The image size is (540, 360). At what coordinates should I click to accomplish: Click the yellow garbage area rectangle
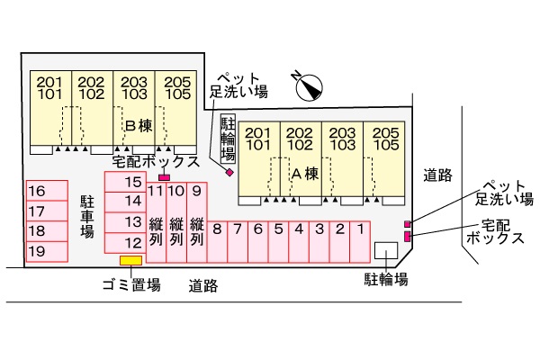[x=131, y=261]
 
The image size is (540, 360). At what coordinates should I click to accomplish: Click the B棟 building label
[x=139, y=125]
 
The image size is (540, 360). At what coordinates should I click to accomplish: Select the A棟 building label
[x=306, y=173]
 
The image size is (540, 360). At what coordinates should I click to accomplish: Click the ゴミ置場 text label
[x=131, y=284]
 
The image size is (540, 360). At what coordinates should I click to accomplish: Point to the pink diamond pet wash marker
[x=229, y=172]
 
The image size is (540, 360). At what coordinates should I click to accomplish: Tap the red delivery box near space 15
[x=164, y=177]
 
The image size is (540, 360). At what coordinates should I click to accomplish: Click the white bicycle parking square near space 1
[x=386, y=253]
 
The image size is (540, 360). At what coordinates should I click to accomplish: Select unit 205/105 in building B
[x=175, y=88]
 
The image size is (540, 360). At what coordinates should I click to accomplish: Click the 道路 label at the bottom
[x=202, y=286]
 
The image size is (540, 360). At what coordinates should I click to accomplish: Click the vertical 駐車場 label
[x=87, y=217]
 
